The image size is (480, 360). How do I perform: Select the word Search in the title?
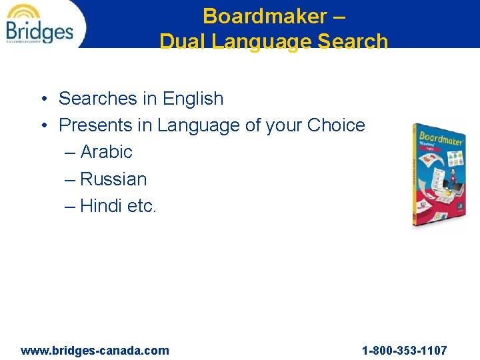click(353, 41)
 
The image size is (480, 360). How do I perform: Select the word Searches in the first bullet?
click(98, 99)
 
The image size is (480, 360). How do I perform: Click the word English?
click(193, 99)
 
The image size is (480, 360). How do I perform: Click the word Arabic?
click(106, 152)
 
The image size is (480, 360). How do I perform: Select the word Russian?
click(113, 179)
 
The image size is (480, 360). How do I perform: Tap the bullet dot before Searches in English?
click(42, 99)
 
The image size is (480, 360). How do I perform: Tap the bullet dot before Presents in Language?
click(42, 126)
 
